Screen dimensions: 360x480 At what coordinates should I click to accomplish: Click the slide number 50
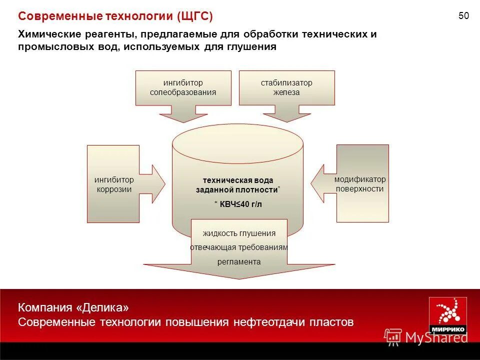point(463,16)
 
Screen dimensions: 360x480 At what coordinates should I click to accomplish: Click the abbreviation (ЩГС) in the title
point(194,16)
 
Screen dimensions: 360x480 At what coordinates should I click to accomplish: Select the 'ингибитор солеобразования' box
point(183,87)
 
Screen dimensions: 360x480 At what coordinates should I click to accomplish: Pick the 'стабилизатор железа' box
point(286,87)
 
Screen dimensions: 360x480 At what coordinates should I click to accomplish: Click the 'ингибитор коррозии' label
point(114,184)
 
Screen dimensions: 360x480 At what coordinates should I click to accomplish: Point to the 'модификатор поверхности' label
point(360,184)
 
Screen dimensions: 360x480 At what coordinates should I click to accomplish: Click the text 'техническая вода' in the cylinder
point(238,180)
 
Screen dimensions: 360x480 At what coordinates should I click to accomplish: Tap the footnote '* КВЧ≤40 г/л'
point(238,203)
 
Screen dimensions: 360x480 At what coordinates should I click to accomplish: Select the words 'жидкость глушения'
point(239,233)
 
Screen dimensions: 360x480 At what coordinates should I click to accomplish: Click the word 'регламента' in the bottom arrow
point(239,261)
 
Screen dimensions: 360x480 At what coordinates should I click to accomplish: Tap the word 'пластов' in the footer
point(334,321)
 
